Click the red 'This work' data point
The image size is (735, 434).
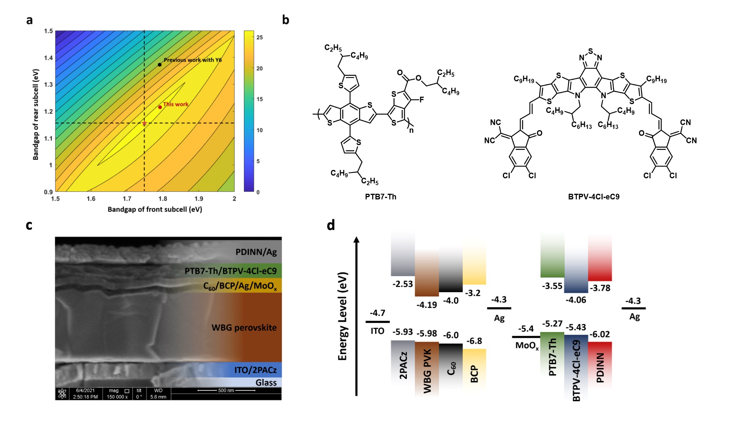point(160,107)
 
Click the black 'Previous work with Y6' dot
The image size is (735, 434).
point(160,65)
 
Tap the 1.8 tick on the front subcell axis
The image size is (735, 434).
point(163,199)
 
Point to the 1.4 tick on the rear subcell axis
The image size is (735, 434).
point(48,58)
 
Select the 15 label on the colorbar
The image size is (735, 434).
point(260,99)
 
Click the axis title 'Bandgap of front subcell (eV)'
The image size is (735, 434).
point(155,209)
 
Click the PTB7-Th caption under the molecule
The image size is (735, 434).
point(380,197)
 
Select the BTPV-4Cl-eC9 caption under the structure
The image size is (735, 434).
point(593,197)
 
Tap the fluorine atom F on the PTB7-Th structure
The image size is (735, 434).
point(422,100)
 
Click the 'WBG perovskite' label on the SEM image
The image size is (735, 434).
point(244,328)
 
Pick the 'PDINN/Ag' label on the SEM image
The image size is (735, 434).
point(256,252)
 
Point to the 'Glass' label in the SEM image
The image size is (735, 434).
point(266,383)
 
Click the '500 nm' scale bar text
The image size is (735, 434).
point(226,390)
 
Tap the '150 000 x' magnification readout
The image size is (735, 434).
point(117,397)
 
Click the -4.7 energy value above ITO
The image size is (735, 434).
point(377,313)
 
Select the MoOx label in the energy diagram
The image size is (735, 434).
point(527,346)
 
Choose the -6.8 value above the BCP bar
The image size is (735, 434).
point(474,341)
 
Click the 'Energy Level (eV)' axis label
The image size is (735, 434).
point(342,316)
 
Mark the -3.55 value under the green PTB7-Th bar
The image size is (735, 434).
point(552,286)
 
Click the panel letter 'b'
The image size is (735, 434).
point(286,20)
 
